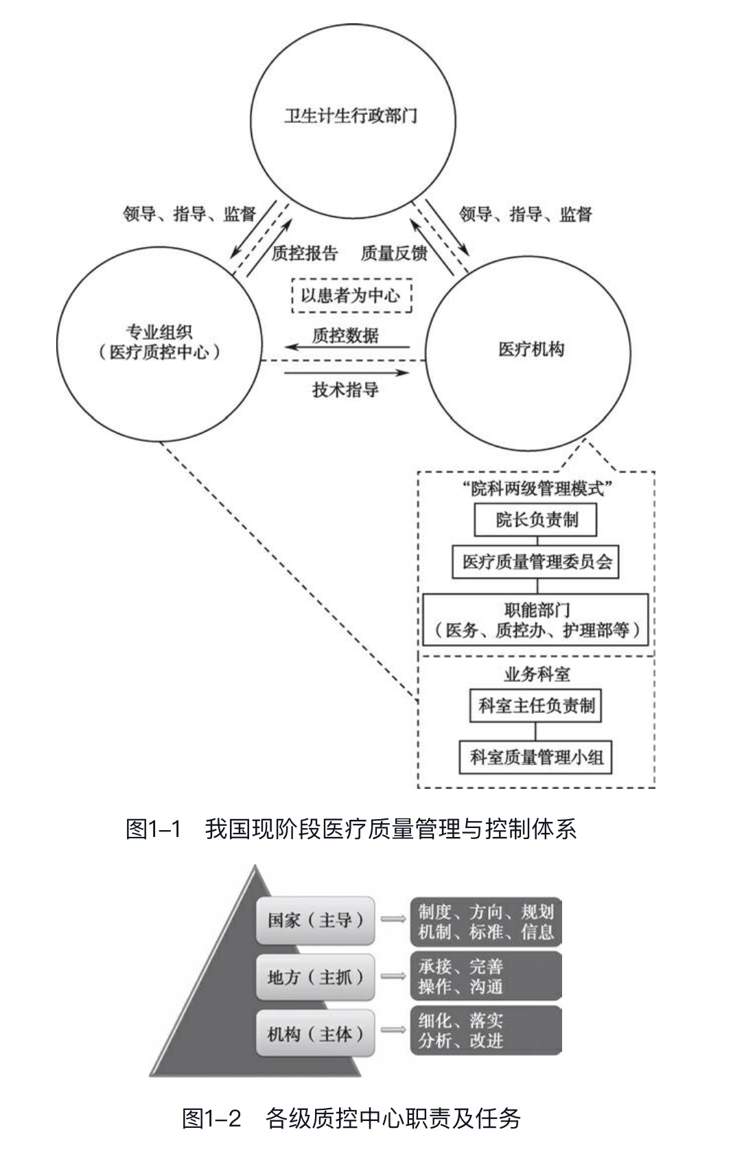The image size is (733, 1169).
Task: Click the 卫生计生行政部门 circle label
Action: (x=351, y=115)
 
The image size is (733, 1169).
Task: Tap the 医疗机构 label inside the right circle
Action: (x=531, y=349)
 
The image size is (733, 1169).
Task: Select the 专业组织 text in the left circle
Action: (x=159, y=333)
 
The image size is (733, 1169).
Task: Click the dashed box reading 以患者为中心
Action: (x=351, y=296)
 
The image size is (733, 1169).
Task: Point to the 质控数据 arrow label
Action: (x=345, y=335)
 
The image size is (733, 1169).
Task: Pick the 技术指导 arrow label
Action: (x=345, y=390)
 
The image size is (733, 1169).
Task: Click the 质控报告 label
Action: (x=305, y=253)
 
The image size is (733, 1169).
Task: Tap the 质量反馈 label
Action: (x=394, y=253)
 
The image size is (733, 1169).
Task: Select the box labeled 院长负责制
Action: (x=536, y=520)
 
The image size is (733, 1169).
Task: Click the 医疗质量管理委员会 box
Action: (x=537, y=562)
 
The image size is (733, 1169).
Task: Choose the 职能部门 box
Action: (x=536, y=619)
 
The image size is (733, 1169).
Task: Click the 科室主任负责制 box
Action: (x=535, y=705)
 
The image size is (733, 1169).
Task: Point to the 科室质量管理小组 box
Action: (x=536, y=757)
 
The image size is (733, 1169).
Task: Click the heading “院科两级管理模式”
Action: (x=537, y=488)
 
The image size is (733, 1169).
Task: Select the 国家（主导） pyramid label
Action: (x=316, y=920)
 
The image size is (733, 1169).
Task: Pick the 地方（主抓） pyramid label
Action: (x=316, y=976)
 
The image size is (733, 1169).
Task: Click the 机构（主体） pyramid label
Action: (x=316, y=1033)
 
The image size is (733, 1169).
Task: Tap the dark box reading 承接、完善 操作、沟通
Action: (x=486, y=976)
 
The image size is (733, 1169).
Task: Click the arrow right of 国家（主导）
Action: (x=393, y=919)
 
